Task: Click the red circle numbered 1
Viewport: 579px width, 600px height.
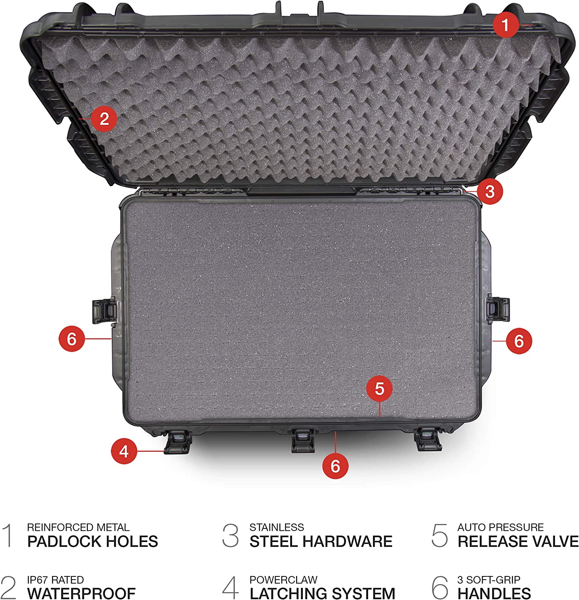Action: coord(505,25)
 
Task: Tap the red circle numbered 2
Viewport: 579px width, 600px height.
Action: coord(104,119)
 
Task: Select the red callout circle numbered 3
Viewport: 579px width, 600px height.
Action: coord(490,191)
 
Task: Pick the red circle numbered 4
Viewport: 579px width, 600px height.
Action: coord(124,451)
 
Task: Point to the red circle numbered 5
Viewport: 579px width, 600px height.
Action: coord(379,388)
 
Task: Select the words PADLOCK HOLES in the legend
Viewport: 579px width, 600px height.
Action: coord(92,541)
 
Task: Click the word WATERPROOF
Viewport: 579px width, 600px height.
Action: coord(81,593)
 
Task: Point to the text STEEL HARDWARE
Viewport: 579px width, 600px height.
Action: coord(321,541)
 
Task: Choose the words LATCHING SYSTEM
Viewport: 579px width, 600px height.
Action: coord(322,593)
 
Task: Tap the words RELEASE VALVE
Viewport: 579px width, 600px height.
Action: coord(518,541)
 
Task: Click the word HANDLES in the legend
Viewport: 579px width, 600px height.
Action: coord(494,593)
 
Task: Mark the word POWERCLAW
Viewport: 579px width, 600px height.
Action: coord(283,580)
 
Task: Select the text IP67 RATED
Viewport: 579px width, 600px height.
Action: coord(55,580)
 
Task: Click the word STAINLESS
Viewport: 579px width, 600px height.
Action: coord(276,527)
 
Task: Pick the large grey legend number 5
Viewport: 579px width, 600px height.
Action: coord(439,535)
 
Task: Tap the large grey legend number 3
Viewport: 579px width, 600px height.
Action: coord(230,535)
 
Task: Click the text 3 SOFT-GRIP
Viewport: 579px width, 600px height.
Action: coord(489,580)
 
